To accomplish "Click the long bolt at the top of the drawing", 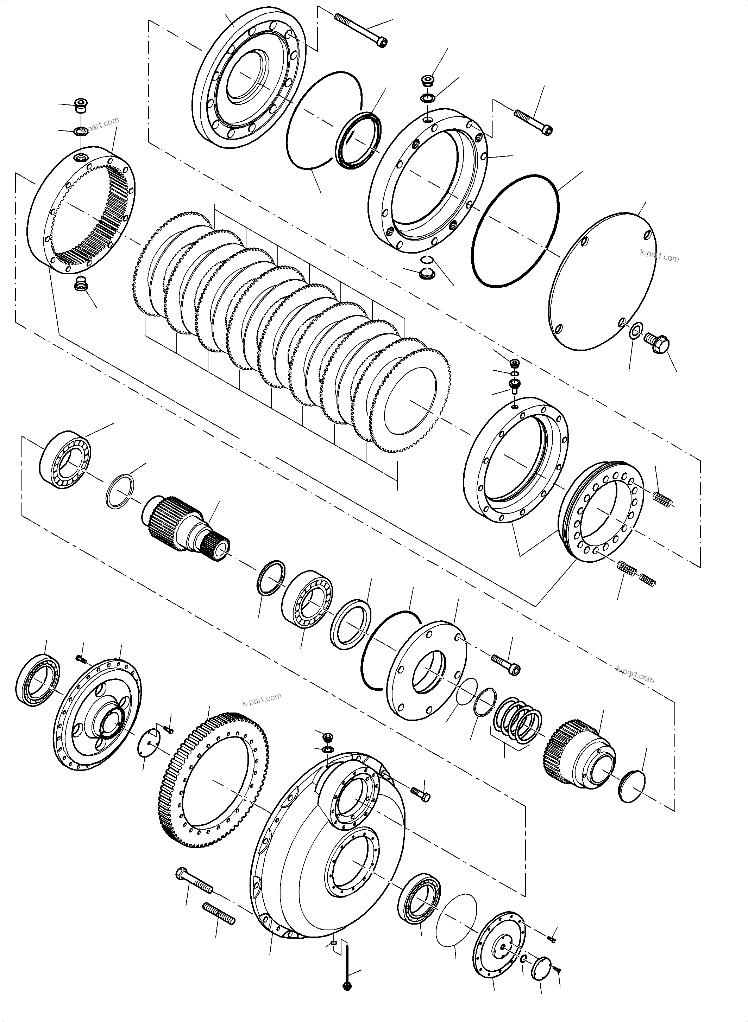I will (x=361, y=30).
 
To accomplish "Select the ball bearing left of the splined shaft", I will (x=66, y=460).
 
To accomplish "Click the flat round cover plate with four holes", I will (x=602, y=281).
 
